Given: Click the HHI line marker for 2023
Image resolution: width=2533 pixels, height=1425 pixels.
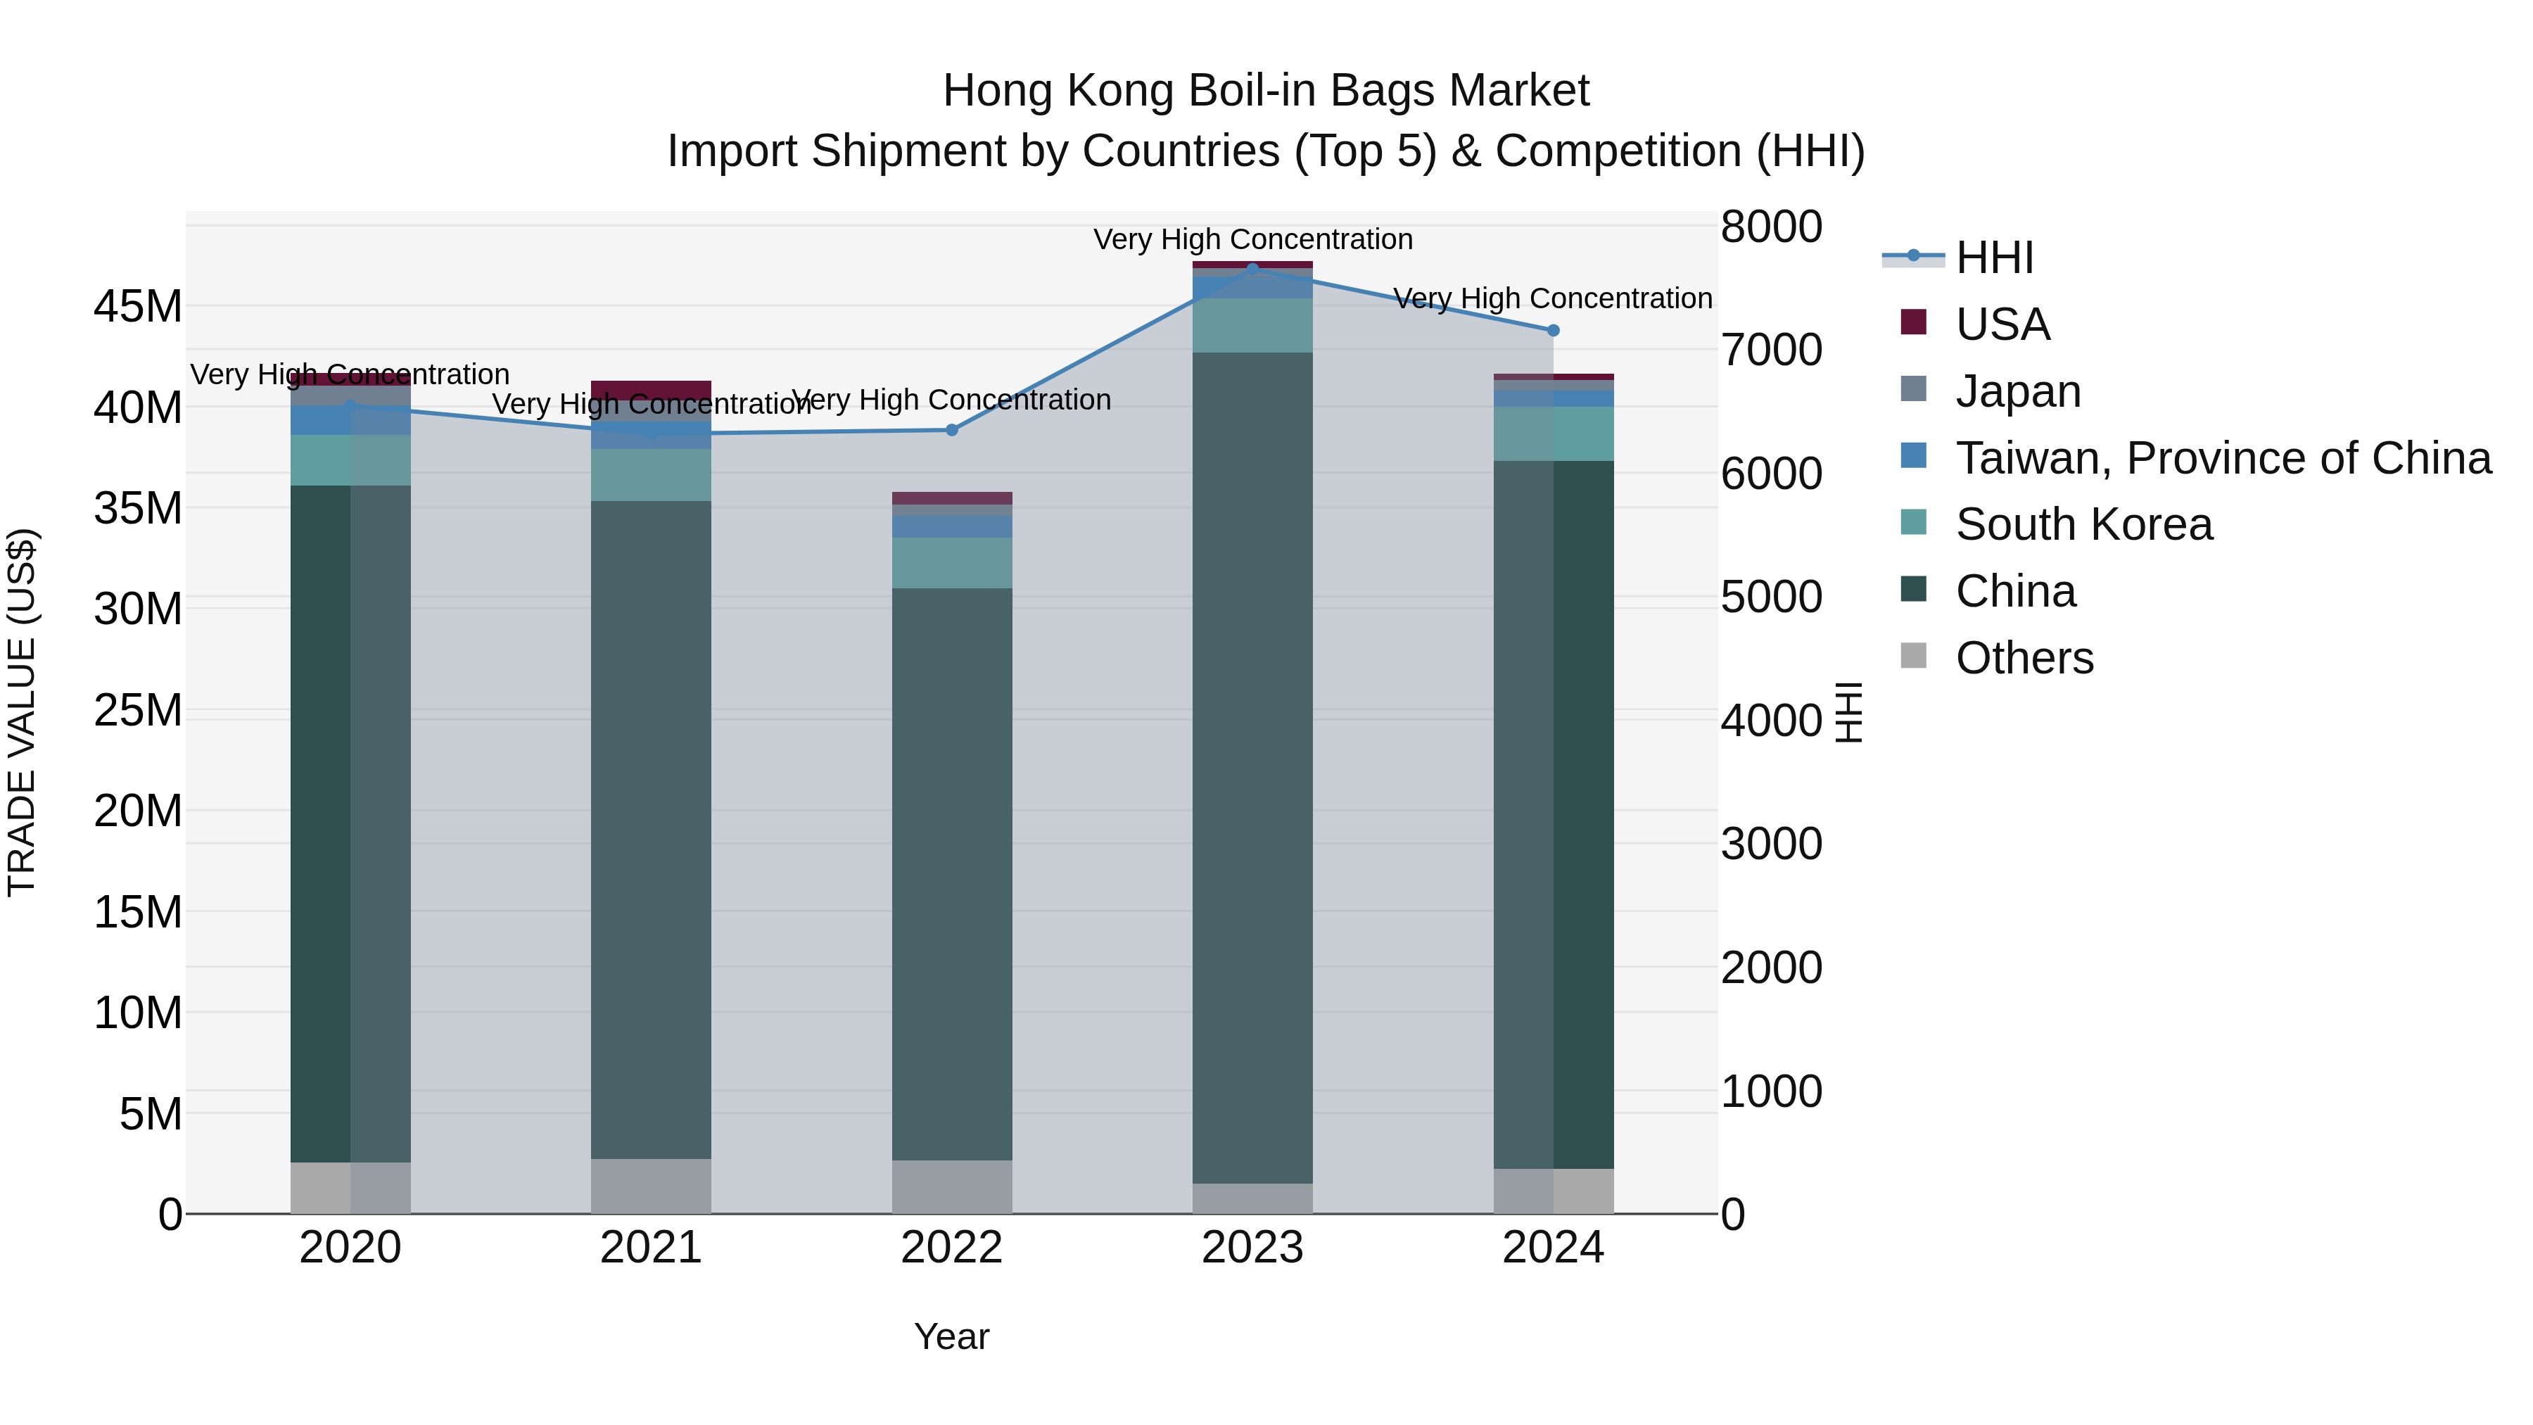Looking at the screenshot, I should [x=1252, y=269].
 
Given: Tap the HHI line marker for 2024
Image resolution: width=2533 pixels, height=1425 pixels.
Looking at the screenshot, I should [x=1553, y=331].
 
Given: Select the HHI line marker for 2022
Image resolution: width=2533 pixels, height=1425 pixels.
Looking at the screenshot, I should [x=951, y=430].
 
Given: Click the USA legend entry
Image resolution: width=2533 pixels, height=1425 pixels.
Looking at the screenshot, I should [x=2002, y=324].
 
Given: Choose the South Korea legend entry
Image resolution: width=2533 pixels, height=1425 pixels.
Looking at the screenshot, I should [x=2083, y=524].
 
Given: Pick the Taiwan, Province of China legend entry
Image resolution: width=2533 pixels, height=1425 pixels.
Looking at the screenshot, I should [x=2222, y=458].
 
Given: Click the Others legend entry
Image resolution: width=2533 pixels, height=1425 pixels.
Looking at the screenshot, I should [x=2024, y=658].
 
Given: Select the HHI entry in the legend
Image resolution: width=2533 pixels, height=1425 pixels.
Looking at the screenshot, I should [x=1994, y=258].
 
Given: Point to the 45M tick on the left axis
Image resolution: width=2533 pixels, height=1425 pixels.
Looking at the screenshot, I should [x=138, y=307].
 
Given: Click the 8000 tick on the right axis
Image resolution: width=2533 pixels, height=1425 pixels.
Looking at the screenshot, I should [x=1771, y=226].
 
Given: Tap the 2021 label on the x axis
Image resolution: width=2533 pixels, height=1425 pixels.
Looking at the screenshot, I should [x=651, y=1248].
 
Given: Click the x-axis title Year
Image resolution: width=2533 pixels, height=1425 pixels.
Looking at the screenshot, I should [x=951, y=1336].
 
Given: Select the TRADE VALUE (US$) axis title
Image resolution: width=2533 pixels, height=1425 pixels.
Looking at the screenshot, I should [x=22, y=712].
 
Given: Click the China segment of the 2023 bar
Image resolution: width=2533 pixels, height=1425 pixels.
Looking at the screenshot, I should [x=1252, y=767].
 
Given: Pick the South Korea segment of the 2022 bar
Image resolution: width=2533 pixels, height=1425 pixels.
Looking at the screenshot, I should [x=951, y=562].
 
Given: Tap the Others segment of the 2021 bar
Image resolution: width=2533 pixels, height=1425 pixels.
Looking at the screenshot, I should [x=651, y=1185].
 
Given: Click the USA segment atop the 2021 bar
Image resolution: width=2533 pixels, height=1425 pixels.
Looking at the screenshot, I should [x=651, y=388].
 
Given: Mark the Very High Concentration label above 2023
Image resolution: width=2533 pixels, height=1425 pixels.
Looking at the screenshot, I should [x=1252, y=239].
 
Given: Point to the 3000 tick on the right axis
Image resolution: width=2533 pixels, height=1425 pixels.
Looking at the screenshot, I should [x=1771, y=844].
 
